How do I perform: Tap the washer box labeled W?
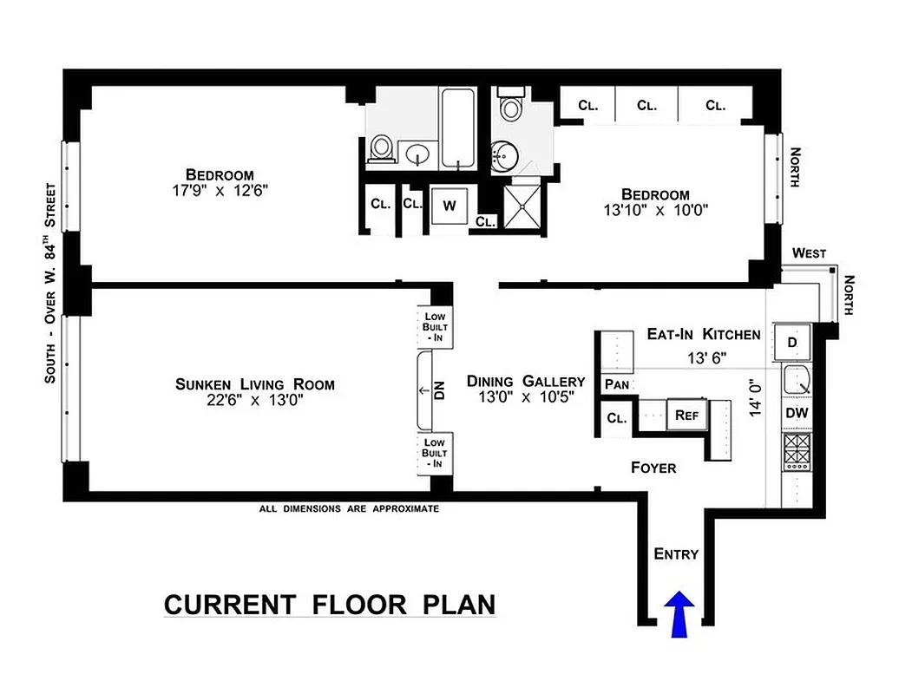pos(449,206)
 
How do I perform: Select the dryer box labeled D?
pos(791,341)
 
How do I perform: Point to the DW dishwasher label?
pos(797,414)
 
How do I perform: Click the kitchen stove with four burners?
pos(797,451)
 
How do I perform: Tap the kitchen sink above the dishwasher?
pos(796,380)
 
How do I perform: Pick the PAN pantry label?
pos(617,384)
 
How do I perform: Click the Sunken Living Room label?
pos(254,384)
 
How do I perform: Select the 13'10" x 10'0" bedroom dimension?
pos(655,210)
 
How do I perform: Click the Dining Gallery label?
pos(525,381)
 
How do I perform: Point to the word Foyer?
pos(653,468)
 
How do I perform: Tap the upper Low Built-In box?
pos(434,325)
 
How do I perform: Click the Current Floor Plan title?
pos(329,604)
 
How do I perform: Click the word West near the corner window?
pos(809,253)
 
